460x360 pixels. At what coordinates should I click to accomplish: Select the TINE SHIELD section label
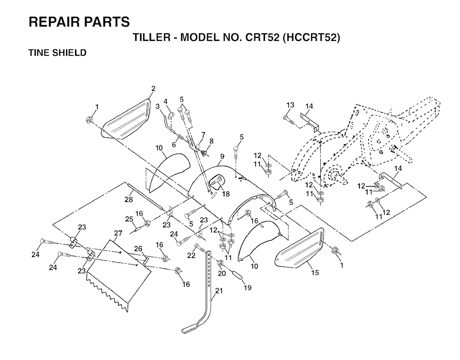pyautogui.click(x=57, y=53)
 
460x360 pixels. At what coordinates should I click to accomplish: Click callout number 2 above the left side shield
pyautogui.click(x=153, y=88)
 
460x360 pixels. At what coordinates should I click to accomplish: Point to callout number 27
pyautogui.click(x=118, y=233)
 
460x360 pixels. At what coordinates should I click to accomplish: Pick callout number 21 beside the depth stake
pyautogui.click(x=219, y=291)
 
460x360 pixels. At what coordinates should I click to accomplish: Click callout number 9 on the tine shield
pyautogui.click(x=222, y=157)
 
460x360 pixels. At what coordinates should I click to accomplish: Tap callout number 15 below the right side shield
pyautogui.click(x=315, y=272)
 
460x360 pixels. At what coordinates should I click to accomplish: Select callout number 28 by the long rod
pyautogui.click(x=128, y=200)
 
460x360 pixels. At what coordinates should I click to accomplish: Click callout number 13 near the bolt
pyautogui.click(x=290, y=105)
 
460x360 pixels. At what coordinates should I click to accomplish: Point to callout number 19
pyautogui.click(x=248, y=288)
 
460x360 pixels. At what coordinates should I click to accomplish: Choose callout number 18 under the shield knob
pyautogui.click(x=226, y=194)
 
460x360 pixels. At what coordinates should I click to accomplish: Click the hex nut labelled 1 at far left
pyautogui.click(x=88, y=120)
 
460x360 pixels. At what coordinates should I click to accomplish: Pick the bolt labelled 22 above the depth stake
pyautogui.click(x=200, y=248)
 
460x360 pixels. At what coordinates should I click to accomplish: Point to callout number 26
pyautogui.click(x=138, y=249)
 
